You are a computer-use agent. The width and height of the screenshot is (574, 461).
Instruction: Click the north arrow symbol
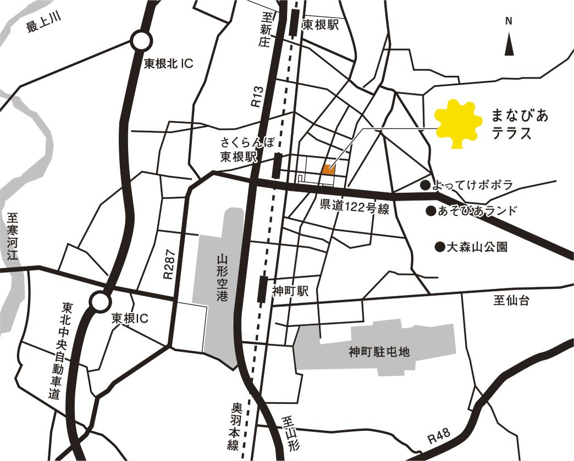509,44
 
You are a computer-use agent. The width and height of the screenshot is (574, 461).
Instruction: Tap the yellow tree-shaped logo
455,124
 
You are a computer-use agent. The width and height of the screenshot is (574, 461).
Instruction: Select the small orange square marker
329,169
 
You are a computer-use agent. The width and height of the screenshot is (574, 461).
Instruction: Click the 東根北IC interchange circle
141,41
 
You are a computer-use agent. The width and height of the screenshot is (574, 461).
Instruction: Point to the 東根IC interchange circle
101,302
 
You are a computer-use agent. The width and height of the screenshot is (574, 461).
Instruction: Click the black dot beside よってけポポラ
425,186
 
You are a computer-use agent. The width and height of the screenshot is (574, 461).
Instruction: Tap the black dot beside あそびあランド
431,210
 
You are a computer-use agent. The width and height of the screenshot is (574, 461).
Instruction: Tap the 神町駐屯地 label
379,352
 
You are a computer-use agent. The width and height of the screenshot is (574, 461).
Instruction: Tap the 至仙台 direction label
511,301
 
